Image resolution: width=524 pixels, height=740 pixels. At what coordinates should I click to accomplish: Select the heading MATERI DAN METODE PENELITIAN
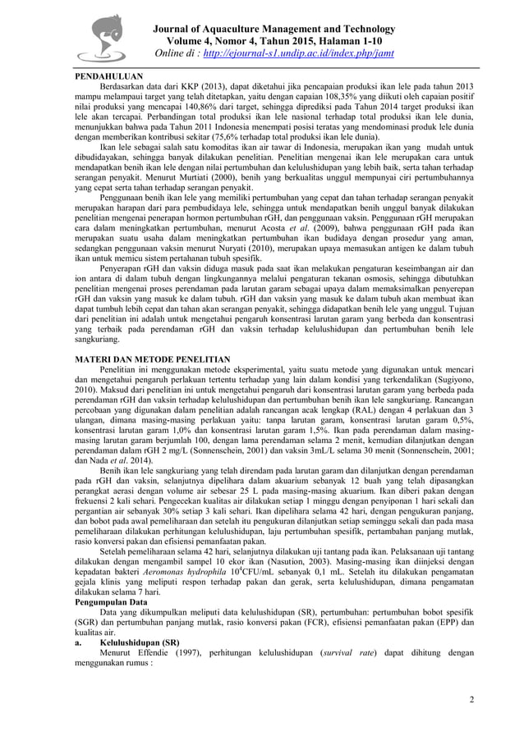[x=154, y=359]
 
